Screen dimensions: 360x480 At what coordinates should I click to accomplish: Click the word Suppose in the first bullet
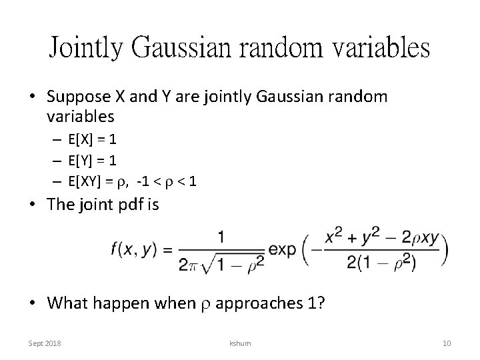click(75, 96)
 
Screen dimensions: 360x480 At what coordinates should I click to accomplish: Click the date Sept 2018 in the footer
click(45, 343)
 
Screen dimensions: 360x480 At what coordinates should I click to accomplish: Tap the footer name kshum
click(239, 343)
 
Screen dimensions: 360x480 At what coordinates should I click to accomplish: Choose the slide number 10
click(447, 343)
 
